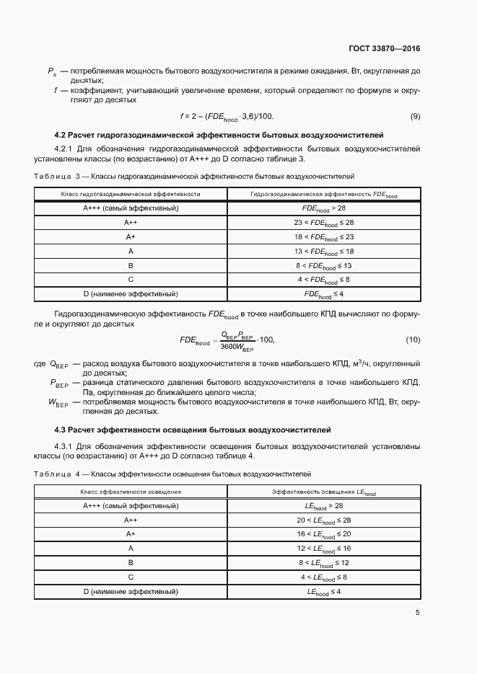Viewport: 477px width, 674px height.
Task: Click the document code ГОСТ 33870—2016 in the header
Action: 384,48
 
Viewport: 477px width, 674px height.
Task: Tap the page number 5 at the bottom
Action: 418,613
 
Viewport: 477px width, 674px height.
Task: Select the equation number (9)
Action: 415,116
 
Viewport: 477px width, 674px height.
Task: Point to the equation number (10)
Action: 413,340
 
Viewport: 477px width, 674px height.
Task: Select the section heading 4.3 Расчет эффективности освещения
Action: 193,430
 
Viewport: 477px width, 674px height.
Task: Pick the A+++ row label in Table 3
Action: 131,208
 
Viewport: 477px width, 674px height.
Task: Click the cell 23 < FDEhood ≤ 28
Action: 323,223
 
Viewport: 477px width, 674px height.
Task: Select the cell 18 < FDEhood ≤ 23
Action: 323,237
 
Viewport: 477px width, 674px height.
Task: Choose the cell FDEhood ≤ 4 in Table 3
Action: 323,294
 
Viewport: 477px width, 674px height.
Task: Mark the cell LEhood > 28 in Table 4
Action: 323,506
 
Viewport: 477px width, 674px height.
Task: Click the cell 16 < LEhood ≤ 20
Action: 323,534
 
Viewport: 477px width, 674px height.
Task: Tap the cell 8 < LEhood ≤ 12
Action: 323,563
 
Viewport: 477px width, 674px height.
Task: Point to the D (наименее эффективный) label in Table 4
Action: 131,591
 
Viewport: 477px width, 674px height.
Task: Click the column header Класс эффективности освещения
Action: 131,492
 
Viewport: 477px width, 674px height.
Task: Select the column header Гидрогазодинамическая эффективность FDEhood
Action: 323,194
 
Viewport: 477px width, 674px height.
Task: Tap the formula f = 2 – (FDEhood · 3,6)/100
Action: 227,116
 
